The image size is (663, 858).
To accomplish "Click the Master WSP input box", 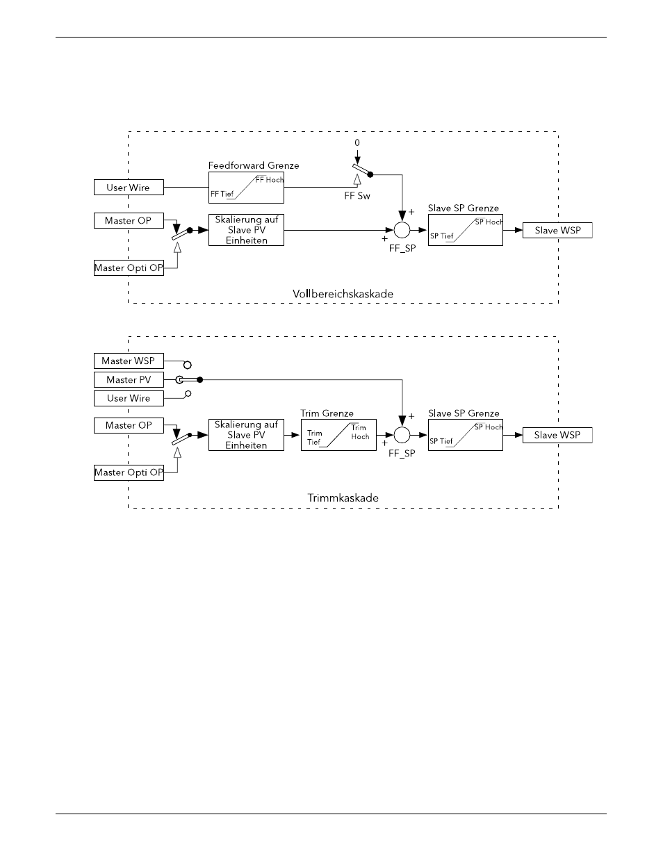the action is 129,361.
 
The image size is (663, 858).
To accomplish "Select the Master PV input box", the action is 129,379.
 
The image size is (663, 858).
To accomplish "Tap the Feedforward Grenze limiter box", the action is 246,188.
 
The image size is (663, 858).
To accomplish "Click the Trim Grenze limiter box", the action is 338,435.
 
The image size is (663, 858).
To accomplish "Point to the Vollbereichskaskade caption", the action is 343,294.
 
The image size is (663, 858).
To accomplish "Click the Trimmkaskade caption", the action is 343,497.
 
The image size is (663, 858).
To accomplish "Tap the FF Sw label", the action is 357,196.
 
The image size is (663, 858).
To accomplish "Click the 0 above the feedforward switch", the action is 357,142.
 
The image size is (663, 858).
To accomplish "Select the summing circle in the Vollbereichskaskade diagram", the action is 402,230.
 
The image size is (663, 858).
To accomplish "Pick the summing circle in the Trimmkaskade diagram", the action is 402,435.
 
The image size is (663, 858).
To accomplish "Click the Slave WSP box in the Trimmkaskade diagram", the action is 557,435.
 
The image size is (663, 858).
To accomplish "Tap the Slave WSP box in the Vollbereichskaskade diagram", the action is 557,230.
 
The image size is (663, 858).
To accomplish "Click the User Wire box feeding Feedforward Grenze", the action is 129,187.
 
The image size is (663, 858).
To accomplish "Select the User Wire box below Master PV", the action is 129,398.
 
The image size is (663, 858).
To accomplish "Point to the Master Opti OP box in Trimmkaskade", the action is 129,472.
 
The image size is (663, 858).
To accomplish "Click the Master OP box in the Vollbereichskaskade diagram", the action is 129,220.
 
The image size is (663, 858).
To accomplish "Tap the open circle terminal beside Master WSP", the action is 188,365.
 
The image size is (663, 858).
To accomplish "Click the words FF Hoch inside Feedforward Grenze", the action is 270,180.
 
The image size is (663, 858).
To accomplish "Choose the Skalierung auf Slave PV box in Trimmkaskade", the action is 246,435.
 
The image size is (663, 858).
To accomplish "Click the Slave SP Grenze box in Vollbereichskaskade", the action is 466,230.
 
